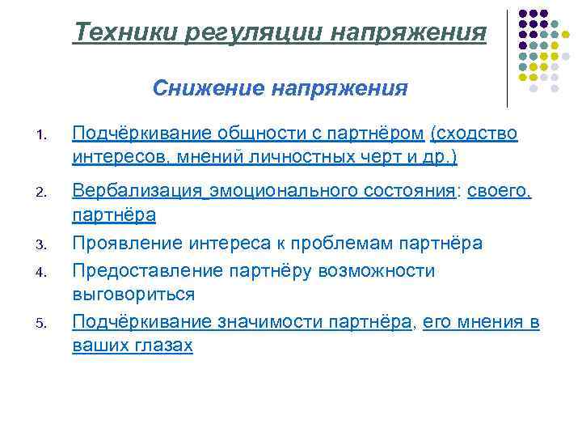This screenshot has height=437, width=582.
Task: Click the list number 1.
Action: pyautogui.click(x=45, y=135)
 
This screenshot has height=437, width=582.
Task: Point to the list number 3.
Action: pyautogui.click(x=45, y=242)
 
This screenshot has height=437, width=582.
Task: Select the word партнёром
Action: pyautogui.click(x=373, y=133)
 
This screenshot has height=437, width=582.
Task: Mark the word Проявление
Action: pyautogui.click(x=128, y=243)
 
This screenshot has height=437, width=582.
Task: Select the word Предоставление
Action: pyautogui.click(x=145, y=270)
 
